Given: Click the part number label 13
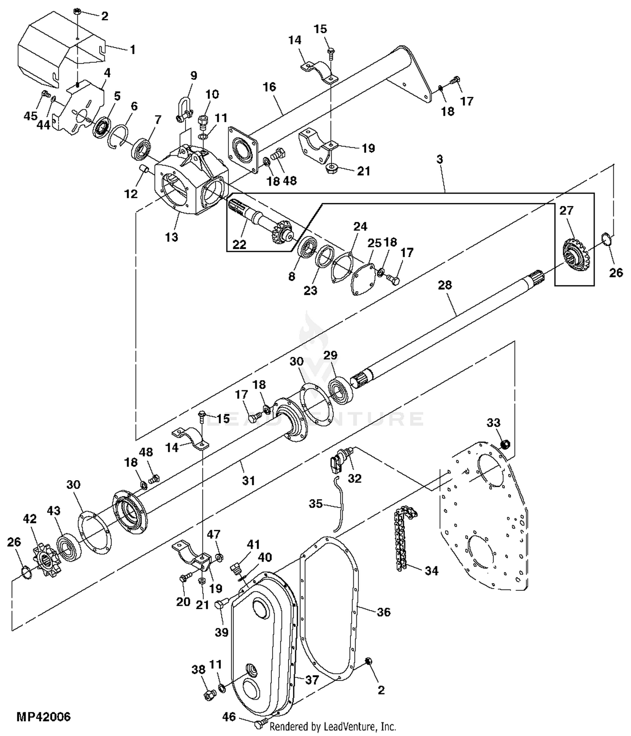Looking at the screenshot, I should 172,237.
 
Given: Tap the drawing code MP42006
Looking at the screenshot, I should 44,717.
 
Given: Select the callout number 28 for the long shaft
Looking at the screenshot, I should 445,285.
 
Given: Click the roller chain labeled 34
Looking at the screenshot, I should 402,539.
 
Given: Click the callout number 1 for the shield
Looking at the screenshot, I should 133,50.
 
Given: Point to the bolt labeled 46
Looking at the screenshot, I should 260,725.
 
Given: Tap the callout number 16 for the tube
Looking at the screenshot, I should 269,87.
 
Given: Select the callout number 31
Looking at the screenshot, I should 248,480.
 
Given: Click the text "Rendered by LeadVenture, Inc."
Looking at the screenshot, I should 333,727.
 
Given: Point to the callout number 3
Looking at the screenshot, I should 440,159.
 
